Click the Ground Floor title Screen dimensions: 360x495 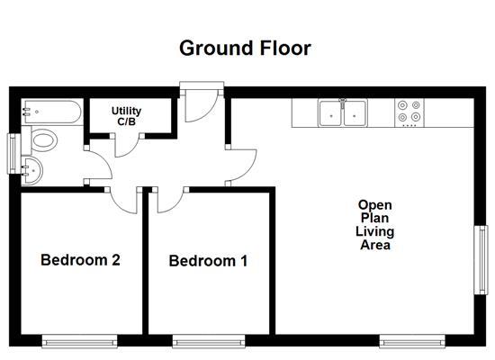245,48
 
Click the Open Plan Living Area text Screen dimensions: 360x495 375,224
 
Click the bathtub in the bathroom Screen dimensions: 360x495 50,111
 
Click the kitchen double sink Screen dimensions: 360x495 343,112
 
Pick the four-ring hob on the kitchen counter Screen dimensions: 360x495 409,112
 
